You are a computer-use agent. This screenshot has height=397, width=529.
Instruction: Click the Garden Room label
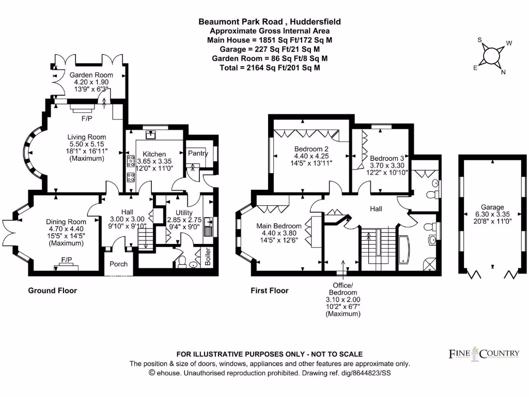click(91, 75)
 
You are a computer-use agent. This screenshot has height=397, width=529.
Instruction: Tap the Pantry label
click(198, 153)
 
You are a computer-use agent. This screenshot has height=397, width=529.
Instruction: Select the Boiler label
click(208, 256)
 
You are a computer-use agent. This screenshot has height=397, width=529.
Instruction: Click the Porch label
click(118, 264)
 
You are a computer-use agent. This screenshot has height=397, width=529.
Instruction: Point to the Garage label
click(492, 207)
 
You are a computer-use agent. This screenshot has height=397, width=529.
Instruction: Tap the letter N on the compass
click(503, 72)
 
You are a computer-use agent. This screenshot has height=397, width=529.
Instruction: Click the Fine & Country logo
click(484, 354)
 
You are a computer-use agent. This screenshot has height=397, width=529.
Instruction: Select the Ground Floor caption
click(52, 291)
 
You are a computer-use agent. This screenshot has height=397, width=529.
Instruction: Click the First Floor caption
click(270, 291)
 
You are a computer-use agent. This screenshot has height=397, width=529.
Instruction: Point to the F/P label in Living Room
click(87, 118)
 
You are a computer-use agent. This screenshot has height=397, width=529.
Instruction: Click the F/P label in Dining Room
click(67, 259)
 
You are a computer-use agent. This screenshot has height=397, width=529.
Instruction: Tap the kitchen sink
click(150, 135)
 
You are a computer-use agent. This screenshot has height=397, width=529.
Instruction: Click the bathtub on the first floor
click(404, 249)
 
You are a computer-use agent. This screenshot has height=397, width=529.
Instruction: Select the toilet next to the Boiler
click(182, 261)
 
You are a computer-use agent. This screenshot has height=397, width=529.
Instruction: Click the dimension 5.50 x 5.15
click(86, 144)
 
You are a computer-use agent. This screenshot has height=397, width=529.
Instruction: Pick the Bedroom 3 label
click(387, 158)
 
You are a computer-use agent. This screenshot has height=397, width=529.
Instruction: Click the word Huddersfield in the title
click(315, 22)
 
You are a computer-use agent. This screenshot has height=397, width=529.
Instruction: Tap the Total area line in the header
click(270, 68)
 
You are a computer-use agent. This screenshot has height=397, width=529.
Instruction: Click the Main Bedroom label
click(278, 226)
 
